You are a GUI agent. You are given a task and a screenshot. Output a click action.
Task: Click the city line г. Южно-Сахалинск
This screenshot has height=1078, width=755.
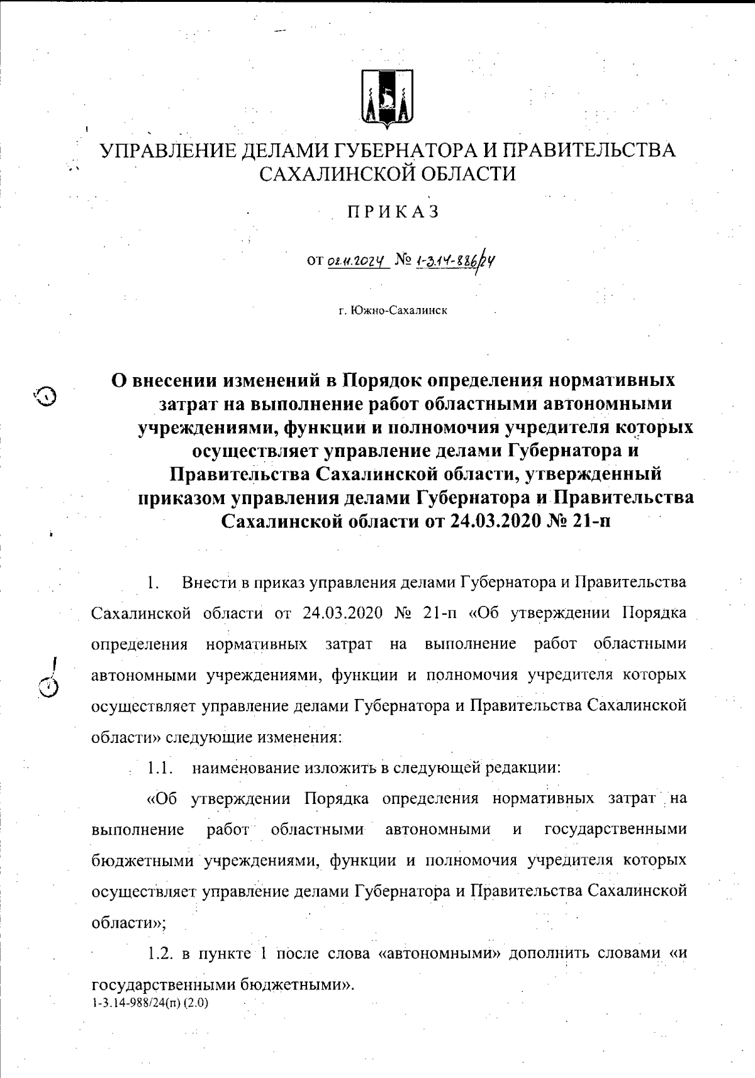pos(393,311)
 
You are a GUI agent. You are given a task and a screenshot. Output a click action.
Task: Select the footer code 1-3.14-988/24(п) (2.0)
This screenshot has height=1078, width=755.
pos(150,1002)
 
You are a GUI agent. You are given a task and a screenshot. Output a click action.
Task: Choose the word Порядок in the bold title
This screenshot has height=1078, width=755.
pos(382,380)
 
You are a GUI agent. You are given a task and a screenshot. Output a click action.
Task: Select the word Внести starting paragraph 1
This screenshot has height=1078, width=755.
pos(211,582)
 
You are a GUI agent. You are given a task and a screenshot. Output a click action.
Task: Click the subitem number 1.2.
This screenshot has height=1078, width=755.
pos(160,954)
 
